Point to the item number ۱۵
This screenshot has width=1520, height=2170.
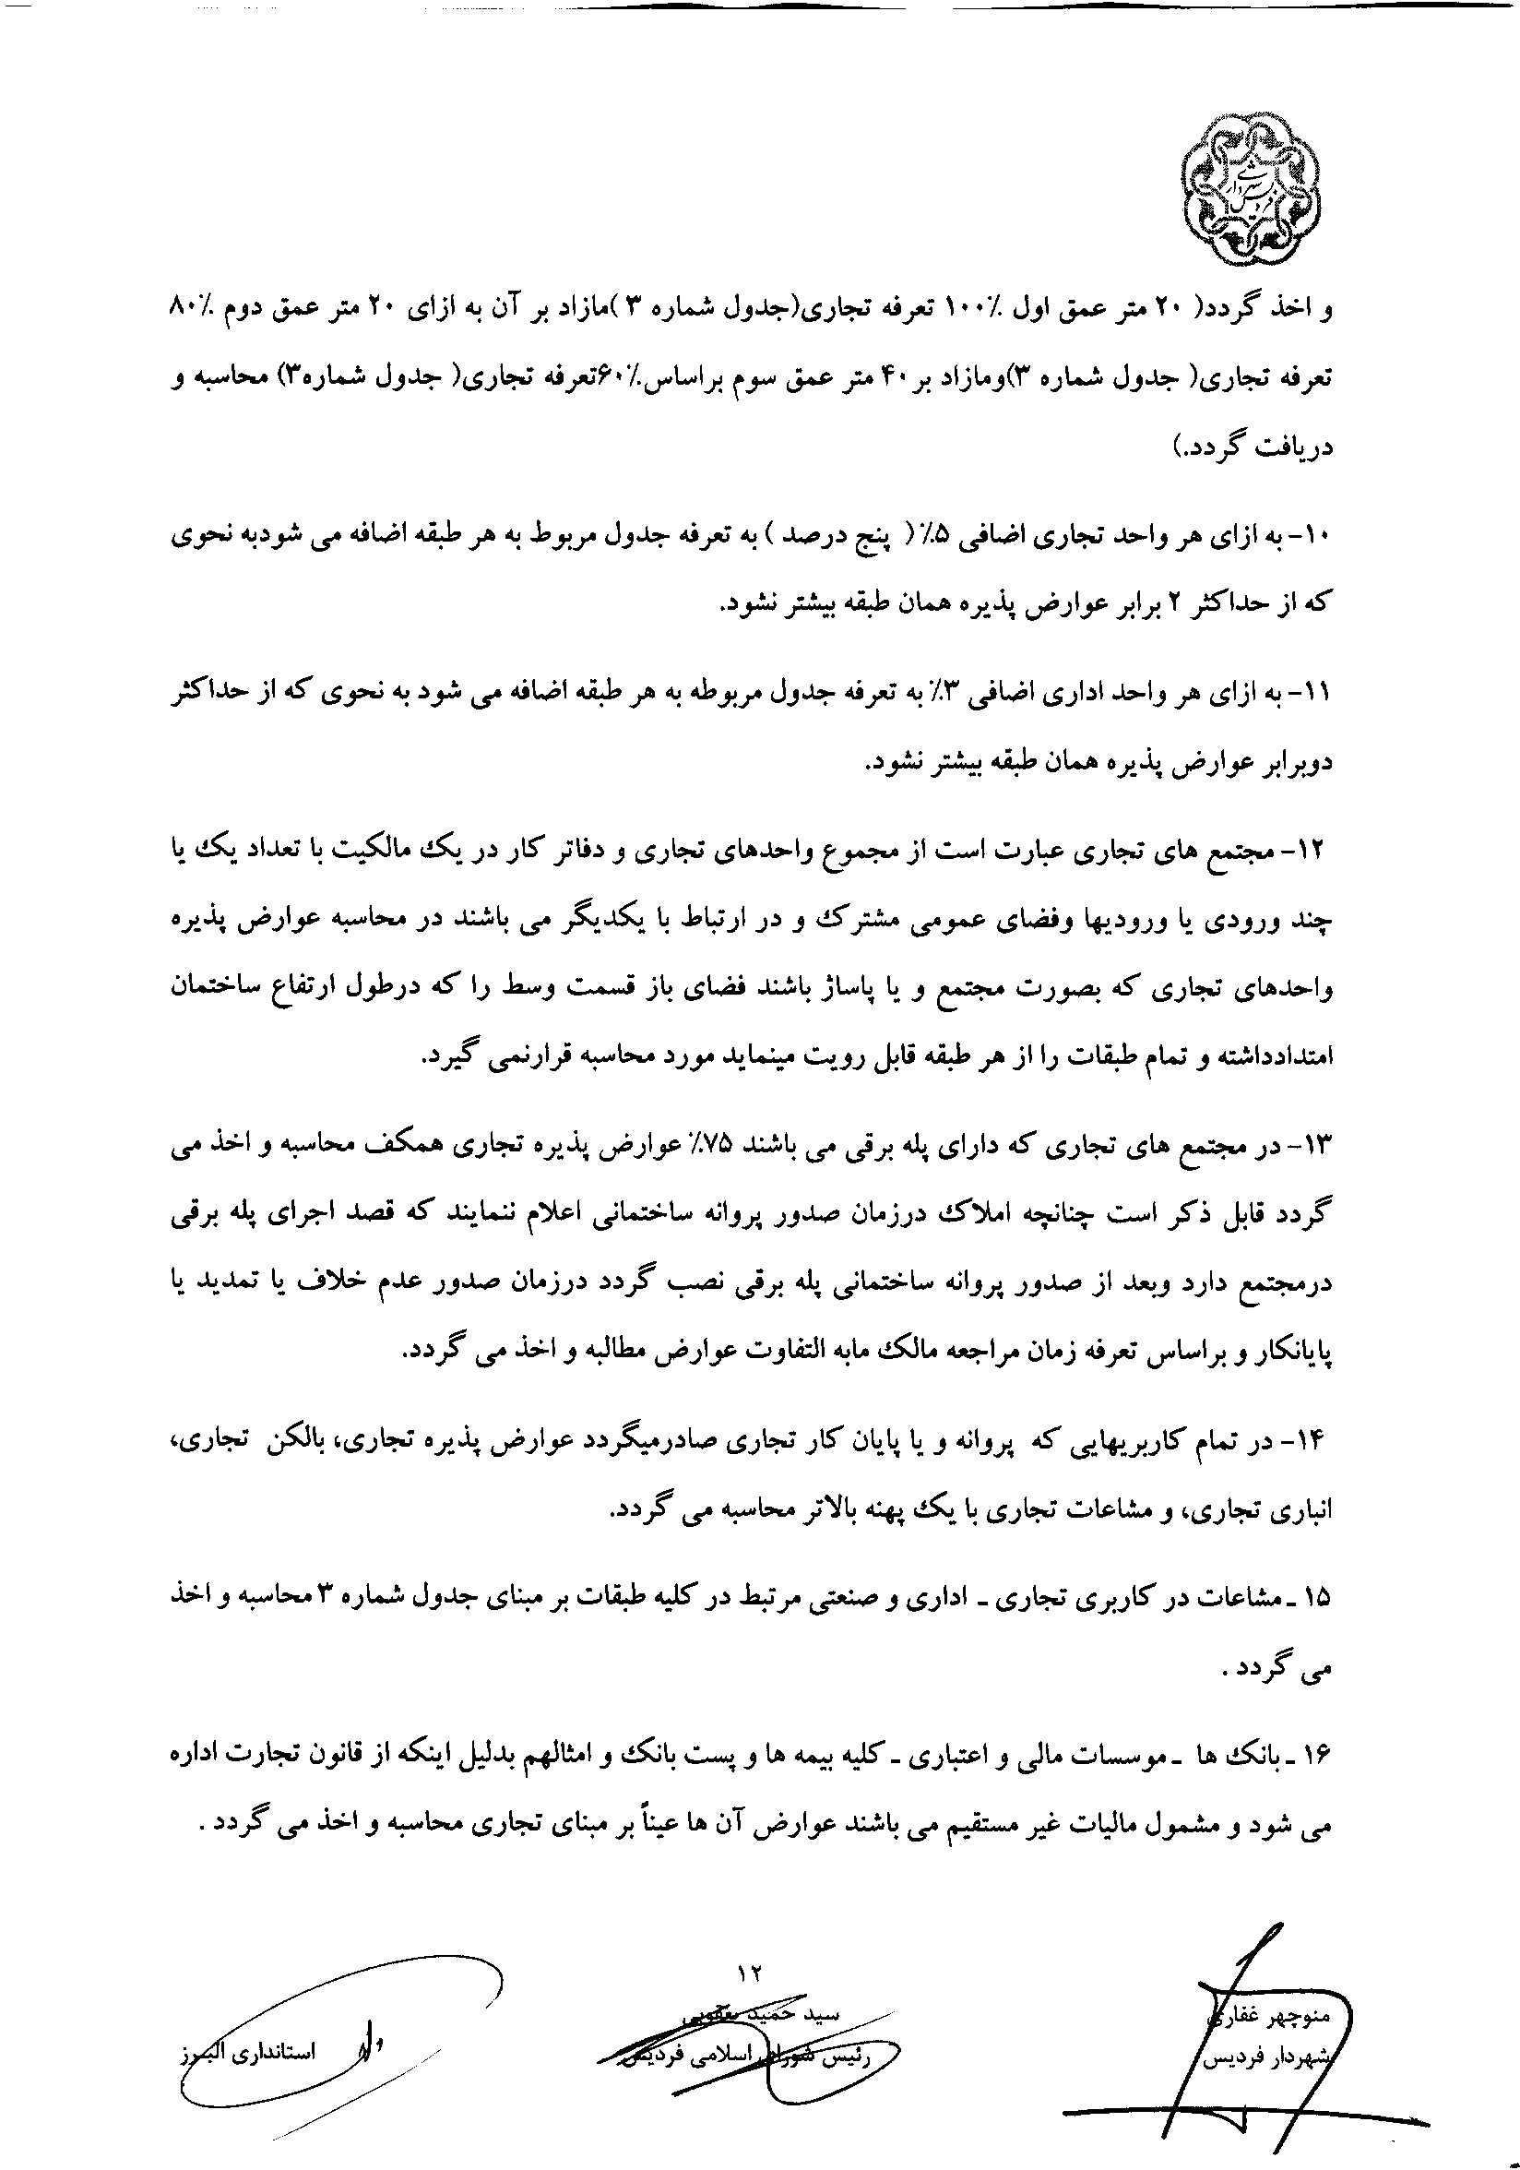click(x=1317, y=1596)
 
